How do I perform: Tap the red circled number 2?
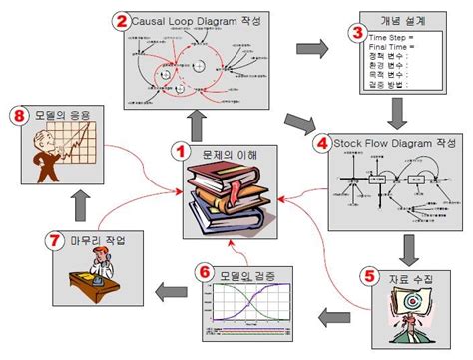coord(121,19)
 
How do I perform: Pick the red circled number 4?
coord(322,143)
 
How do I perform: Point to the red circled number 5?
coord(367,273)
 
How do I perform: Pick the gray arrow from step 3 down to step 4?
coord(395,112)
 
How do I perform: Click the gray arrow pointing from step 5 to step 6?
coord(330,318)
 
